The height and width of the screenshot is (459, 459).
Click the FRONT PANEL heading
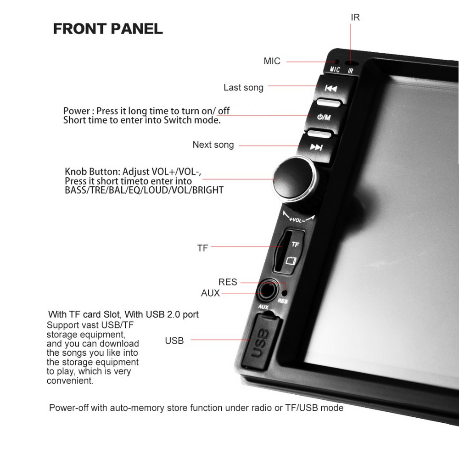point(108,29)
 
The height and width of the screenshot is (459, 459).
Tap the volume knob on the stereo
point(295,179)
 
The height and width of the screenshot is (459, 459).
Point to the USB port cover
point(260,341)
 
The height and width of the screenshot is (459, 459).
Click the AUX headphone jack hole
point(266,292)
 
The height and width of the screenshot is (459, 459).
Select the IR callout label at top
point(355,17)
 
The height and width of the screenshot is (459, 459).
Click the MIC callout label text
point(272,61)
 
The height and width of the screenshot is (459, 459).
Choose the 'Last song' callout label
point(244,88)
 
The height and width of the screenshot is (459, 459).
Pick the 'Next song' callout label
point(213,145)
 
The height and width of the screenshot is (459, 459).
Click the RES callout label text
point(228,282)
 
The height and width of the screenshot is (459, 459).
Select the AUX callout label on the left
point(210,293)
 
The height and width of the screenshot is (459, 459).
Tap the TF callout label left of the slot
point(202,248)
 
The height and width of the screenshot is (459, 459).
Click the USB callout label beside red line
point(174,341)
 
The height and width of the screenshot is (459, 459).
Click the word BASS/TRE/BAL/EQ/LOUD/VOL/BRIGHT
point(144,190)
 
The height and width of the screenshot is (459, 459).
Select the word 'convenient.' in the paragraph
point(70,381)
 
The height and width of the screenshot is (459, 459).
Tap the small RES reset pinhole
point(284,293)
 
